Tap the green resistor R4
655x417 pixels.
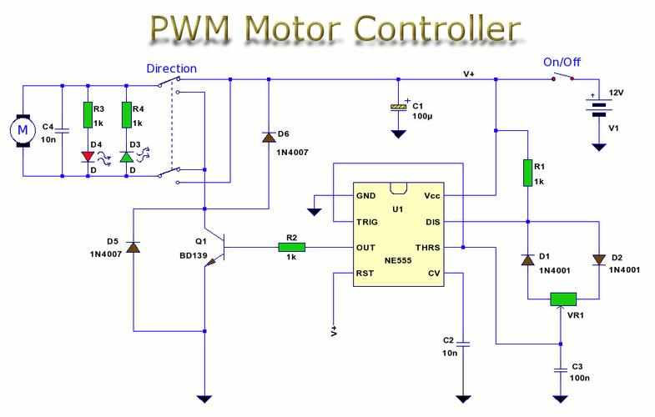click(x=128, y=114)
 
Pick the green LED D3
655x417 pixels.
click(x=128, y=156)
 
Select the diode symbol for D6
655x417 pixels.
click(x=269, y=135)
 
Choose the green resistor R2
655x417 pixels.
click(x=292, y=248)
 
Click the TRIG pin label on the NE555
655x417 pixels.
click(x=368, y=223)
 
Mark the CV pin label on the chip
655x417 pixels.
click(x=433, y=273)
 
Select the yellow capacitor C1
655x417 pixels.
click(x=400, y=108)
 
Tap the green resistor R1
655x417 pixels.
click(x=527, y=173)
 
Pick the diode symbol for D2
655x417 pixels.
click(x=598, y=259)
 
